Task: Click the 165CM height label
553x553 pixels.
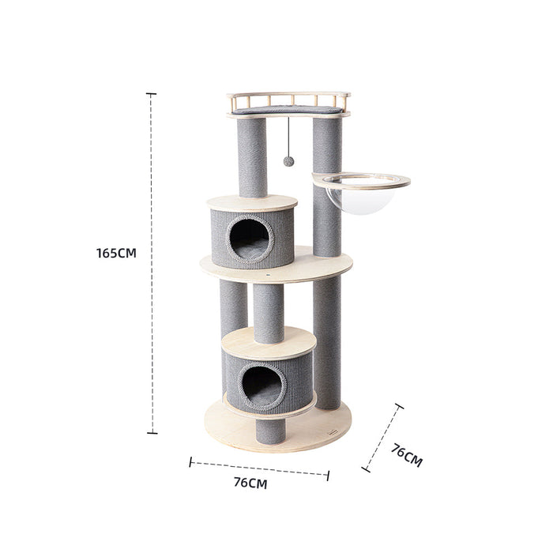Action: [x=116, y=254]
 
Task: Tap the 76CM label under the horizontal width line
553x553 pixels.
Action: [x=250, y=483]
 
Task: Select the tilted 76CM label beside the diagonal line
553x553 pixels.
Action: [x=407, y=456]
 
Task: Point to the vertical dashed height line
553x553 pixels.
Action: [x=151, y=316]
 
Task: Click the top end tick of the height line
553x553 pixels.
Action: [x=151, y=94]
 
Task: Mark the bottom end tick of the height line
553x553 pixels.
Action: [x=151, y=432]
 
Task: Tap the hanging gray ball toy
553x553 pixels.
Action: [x=288, y=161]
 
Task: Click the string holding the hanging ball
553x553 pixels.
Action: [x=288, y=134]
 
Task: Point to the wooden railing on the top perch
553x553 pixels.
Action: [x=288, y=100]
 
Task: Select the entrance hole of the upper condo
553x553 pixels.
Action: [x=249, y=238]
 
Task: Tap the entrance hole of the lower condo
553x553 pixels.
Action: [x=261, y=385]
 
